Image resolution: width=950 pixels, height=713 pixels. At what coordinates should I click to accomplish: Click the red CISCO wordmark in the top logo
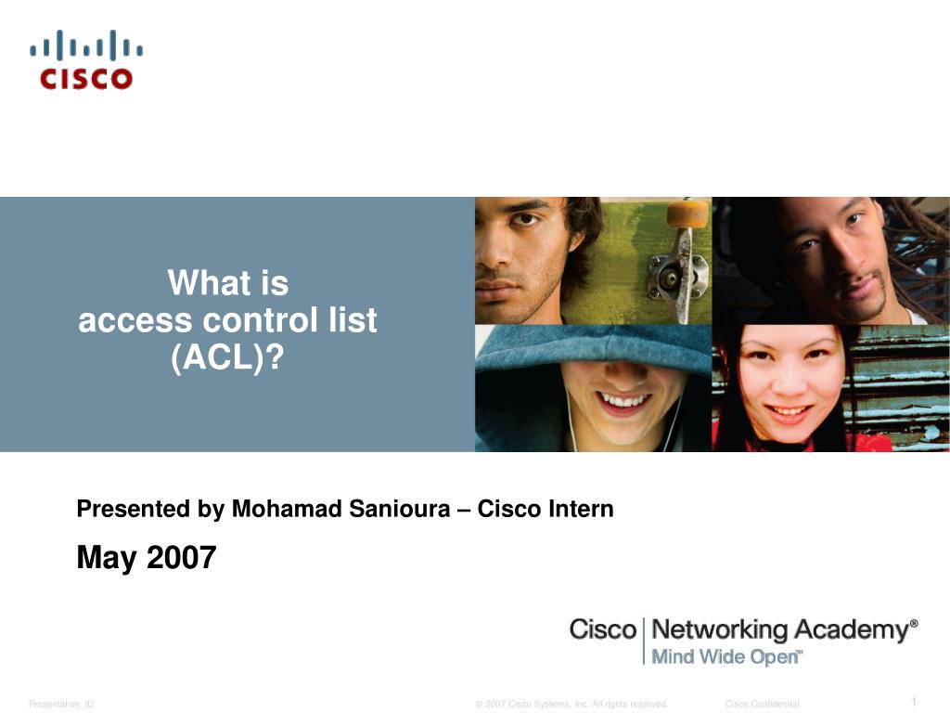86,79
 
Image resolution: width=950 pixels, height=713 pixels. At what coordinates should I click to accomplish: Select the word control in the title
260,319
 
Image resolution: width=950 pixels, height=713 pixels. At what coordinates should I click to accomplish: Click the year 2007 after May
181,557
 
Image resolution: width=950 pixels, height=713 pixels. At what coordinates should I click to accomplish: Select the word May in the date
107,558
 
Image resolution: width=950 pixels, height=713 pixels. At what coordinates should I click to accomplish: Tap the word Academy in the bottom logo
852,630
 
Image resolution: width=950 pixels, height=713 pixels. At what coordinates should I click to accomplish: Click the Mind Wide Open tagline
725,657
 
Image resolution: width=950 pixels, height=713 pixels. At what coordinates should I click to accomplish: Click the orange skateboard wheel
687,214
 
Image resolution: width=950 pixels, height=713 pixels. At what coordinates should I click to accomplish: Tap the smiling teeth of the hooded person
623,401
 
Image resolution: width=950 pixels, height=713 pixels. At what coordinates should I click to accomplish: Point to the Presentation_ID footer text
61,704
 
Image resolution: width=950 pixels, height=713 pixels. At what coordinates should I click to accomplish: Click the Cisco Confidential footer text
762,704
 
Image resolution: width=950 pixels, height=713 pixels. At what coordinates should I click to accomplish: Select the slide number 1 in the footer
914,702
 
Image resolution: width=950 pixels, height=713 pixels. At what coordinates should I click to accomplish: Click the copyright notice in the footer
571,704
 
